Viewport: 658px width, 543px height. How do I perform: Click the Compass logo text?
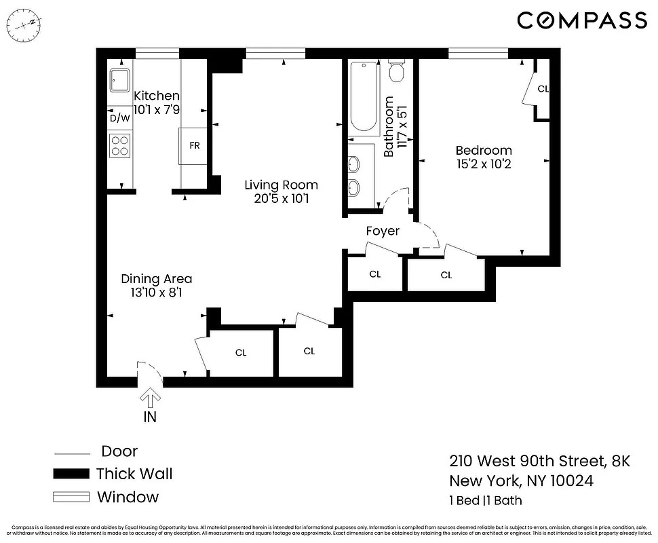click(582, 20)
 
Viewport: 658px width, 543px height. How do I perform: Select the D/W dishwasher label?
click(119, 118)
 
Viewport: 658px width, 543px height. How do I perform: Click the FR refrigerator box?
click(194, 146)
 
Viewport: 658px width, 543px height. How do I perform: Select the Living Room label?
click(281, 185)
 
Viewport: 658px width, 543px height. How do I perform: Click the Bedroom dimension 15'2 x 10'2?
click(484, 164)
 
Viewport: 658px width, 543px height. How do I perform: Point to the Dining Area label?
click(156, 278)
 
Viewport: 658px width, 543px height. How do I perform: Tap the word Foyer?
click(383, 231)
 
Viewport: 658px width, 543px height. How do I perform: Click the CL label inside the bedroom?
click(543, 89)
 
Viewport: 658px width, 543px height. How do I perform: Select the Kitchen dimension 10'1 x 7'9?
click(156, 109)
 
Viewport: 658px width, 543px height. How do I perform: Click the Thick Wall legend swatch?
click(71, 474)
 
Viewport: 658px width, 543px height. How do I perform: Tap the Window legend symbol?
click(71, 497)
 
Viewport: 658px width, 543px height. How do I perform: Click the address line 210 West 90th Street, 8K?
click(540, 462)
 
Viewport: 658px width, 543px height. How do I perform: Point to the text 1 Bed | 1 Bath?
click(485, 501)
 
